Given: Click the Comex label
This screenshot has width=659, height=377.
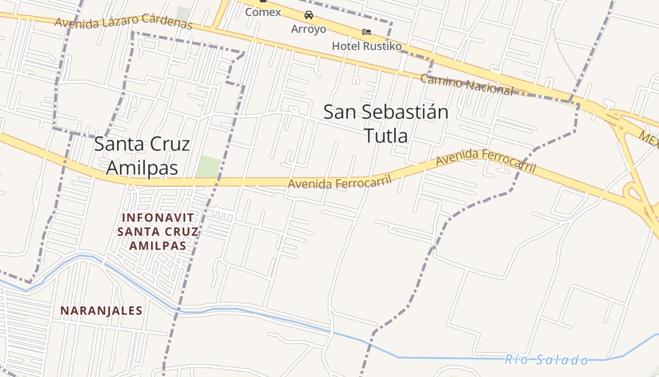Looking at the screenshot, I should pyautogui.click(x=263, y=12).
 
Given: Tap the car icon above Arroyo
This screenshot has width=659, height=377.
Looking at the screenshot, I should pyautogui.click(x=309, y=15).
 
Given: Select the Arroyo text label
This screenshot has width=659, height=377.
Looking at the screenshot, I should pyautogui.click(x=308, y=29).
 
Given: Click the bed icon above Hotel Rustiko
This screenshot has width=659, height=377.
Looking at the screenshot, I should pyautogui.click(x=367, y=32).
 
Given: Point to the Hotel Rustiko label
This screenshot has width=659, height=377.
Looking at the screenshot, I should pyautogui.click(x=367, y=46).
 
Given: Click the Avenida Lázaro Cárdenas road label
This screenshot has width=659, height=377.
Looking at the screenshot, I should pyautogui.click(x=124, y=23).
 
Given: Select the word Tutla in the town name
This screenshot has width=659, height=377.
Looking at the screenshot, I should pyautogui.click(x=386, y=136).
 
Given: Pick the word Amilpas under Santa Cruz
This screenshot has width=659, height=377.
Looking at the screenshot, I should pyautogui.click(x=142, y=167).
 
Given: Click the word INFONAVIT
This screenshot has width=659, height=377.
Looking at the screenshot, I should pyautogui.click(x=158, y=218).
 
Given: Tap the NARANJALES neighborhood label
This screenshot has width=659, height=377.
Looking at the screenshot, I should pyautogui.click(x=101, y=311).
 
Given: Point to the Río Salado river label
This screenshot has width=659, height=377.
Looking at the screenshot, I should pyautogui.click(x=546, y=361).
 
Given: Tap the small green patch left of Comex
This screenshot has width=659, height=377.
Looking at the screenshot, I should pyautogui.click(x=184, y=14).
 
